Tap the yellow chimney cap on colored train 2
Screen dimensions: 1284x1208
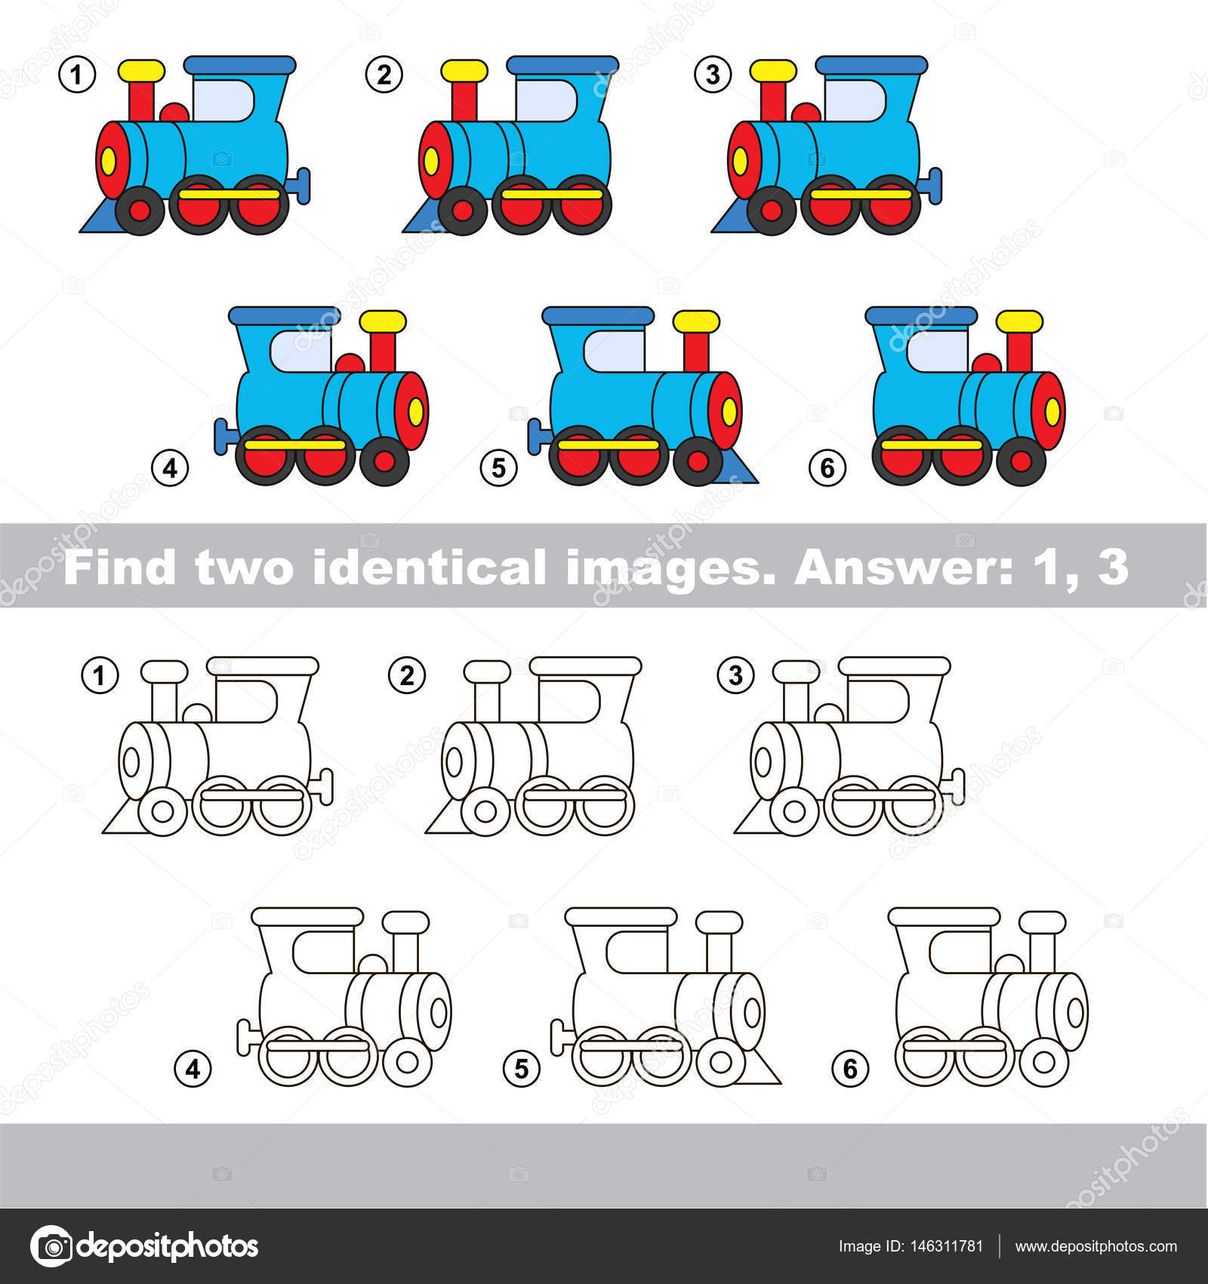point(464,71)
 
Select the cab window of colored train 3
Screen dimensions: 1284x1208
point(854,100)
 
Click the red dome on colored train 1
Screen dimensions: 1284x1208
point(174,113)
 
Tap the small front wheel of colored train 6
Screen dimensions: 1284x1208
point(1021,460)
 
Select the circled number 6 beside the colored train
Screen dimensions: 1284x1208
point(827,468)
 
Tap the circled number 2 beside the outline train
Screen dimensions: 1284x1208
point(407,674)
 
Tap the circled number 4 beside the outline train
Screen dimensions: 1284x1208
point(193,1069)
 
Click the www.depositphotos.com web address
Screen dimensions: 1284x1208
point(1096,1246)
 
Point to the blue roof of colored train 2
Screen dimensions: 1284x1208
point(562,65)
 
